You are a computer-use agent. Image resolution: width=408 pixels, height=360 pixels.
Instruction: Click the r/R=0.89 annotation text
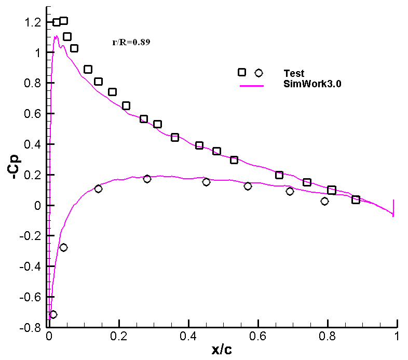131,43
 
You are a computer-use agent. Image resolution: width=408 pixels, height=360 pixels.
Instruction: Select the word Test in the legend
294,73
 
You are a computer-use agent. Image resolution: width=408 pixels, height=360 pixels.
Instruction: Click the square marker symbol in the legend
242,73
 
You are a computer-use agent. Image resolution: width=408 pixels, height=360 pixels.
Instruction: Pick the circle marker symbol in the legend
259,73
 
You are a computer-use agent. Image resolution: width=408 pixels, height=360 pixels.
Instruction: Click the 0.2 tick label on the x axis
119,336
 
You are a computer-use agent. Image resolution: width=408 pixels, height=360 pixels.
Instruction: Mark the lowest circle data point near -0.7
53,314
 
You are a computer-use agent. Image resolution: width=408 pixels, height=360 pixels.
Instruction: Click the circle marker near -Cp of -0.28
63,247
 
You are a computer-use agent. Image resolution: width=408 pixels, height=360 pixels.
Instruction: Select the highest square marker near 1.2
63,21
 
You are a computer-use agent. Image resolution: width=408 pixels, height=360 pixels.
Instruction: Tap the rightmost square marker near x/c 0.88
356,199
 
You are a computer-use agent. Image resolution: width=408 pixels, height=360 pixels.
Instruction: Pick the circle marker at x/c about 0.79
324,201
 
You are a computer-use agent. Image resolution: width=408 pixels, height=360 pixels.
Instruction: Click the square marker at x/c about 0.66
279,175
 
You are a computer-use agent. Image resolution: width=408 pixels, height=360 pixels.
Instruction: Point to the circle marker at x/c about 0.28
147,179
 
